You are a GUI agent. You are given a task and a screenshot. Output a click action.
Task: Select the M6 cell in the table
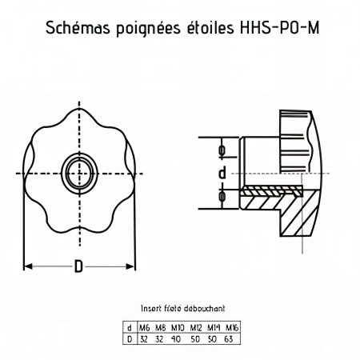[x=144, y=327]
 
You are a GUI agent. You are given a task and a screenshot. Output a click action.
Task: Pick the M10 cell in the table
[x=178, y=327]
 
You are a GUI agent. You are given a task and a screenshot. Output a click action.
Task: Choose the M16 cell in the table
[x=231, y=327]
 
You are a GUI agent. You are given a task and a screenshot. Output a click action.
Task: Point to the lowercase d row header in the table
[x=130, y=327]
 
